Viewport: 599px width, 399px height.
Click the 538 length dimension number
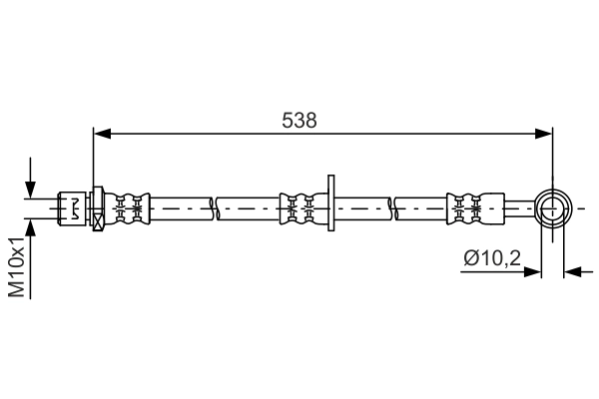tap(299, 121)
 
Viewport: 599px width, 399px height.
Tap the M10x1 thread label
tap(17, 267)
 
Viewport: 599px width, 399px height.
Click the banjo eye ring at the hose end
tap(552, 208)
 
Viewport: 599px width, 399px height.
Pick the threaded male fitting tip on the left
tap(73, 208)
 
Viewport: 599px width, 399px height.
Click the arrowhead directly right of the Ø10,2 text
tap(533, 270)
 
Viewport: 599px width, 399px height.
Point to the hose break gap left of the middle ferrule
tap(214, 208)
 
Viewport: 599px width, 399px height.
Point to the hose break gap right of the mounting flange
tap(393, 208)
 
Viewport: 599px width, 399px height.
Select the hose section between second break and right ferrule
tap(421, 208)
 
